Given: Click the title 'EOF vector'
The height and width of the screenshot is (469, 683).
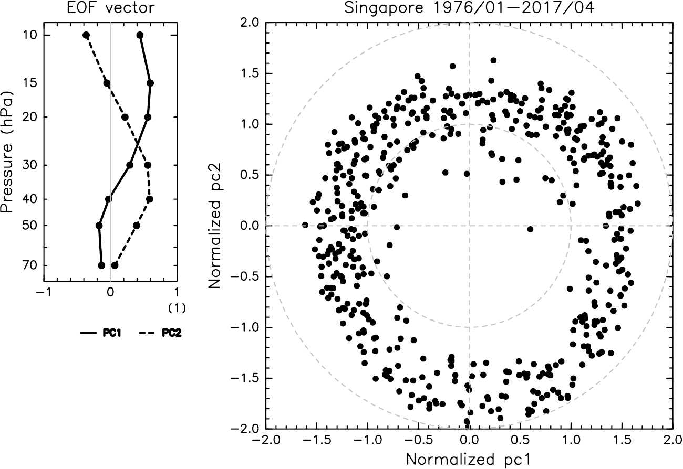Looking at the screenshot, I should (110, 7).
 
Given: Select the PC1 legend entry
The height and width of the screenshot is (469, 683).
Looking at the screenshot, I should (101, 333).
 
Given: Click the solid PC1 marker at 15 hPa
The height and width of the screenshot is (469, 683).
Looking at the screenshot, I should (150, 83).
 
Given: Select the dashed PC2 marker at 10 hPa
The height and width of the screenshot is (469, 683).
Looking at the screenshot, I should (86, 35).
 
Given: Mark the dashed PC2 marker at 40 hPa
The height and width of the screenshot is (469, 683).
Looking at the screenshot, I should (150, 199).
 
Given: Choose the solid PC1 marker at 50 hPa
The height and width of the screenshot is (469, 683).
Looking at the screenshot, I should (99, 226).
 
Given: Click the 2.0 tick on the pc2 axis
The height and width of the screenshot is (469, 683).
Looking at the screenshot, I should (247, 23).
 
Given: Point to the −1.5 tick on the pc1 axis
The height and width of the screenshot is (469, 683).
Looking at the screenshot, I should (315, 440).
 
